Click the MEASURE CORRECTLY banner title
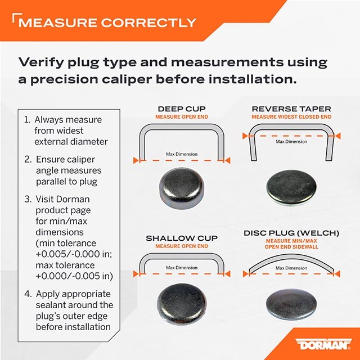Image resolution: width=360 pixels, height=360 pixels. (107, 22)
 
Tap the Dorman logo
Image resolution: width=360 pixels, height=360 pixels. (324, 344)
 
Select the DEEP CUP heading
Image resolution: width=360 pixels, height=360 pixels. (182, 109)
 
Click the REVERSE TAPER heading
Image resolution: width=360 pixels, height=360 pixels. (291, 109)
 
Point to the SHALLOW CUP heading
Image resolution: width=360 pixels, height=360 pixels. (182, 238)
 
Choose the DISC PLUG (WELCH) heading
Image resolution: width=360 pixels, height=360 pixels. (291, 233)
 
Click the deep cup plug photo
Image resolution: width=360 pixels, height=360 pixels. (182, 187)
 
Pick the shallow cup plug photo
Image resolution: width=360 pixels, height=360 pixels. (182, 304)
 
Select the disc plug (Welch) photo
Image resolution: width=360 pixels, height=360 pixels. (291, 304)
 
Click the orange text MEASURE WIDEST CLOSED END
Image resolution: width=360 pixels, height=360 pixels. (291, 117)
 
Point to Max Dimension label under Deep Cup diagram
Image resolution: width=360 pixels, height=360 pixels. (182, 154)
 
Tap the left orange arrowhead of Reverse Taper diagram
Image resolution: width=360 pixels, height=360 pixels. (245, 136)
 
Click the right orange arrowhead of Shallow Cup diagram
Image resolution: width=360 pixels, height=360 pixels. (227, 274)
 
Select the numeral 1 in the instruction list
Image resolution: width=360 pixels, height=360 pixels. (27, 120)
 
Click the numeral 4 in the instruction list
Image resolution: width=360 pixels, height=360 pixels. (28, 294)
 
